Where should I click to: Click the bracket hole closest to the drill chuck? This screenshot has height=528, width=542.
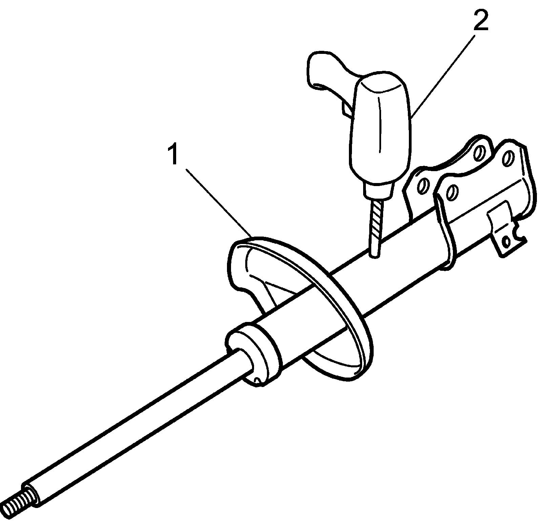(422, 186)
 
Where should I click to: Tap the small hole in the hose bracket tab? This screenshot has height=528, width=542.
(506, 241)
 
